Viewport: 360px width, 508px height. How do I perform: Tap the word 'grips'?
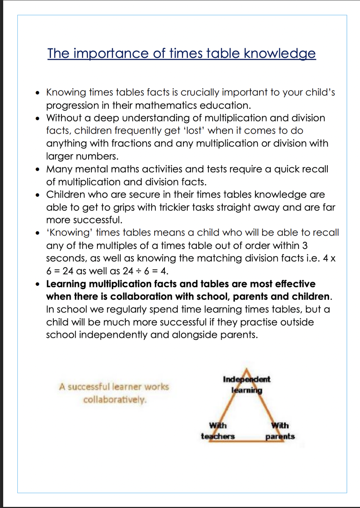tap(112, 207)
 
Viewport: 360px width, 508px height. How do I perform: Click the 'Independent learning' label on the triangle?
tap(246, 384)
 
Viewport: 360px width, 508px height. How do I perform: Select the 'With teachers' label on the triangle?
tap(218, 431)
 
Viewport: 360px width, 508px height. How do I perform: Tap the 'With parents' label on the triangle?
tap(280, 431)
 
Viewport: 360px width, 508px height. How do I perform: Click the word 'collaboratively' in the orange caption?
tap(115, 400)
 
